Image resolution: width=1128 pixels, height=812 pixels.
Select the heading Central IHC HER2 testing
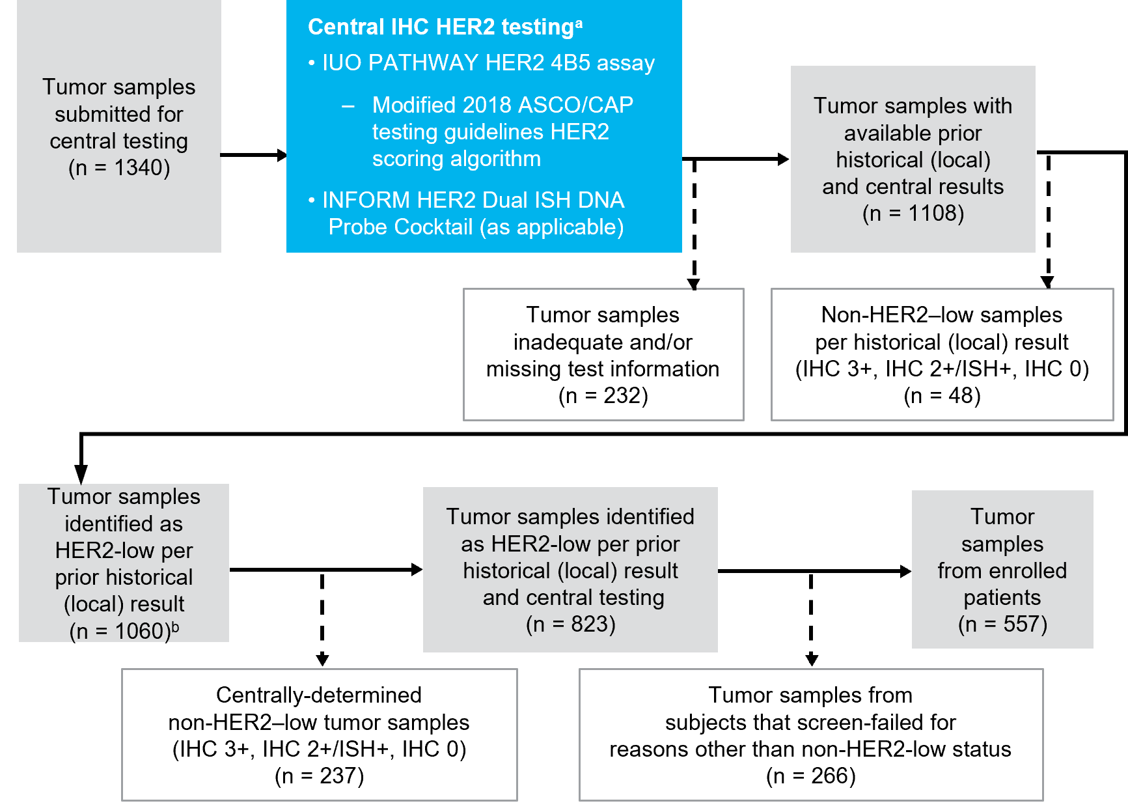click(440, 27)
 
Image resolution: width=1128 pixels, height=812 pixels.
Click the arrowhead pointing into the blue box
click(281, 155)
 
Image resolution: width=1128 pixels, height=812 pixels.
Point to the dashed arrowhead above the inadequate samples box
click(694, 283)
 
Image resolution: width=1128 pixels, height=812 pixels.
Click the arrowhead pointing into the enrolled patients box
click(905, 571)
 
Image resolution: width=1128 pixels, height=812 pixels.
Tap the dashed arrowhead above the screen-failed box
click(811, 660)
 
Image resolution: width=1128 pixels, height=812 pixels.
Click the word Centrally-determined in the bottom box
click(319, 695)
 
